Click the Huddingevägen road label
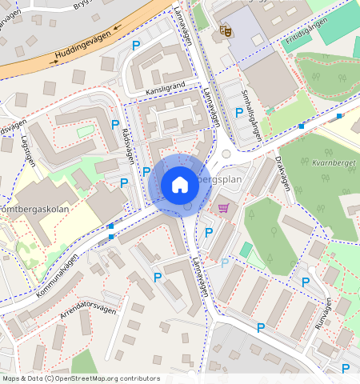coord(79,45)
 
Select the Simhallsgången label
coord(250,115)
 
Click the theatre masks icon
coord(225,31)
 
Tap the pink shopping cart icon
coord(223,208)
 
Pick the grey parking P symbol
coord(225,262)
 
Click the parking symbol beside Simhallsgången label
coord(239,113)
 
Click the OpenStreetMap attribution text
coord(80,378)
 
